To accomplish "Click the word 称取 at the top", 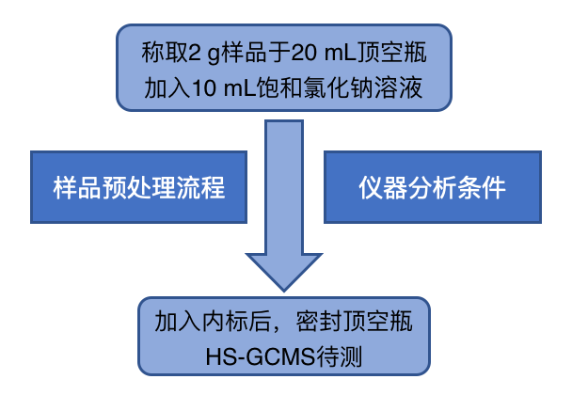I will (159, 48).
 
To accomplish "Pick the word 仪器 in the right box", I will (380, 187).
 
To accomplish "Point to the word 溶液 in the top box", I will (405, 88).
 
